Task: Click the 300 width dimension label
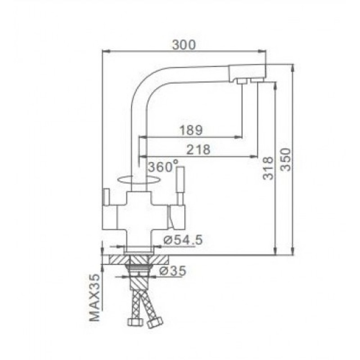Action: [x=184, y=45]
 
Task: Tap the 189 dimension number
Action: [x=191, y=130]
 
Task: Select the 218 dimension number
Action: [x=198, y=149]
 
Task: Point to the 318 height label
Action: [x=268, y=168]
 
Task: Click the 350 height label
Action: [x=286, y=160]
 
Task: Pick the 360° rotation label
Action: [x=163, y=166]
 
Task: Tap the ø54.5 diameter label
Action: [x=183, y=240]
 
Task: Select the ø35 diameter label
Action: [x=173, y=271]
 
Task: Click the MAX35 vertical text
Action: [x=95, y=297]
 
